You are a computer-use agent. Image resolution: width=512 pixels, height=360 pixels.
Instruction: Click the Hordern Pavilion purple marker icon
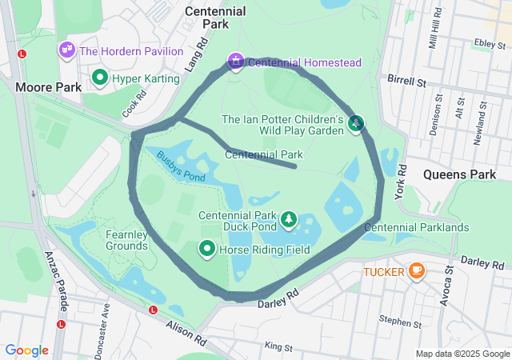point(66,50)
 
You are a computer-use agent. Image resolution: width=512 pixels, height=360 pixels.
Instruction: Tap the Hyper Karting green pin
point(101,78)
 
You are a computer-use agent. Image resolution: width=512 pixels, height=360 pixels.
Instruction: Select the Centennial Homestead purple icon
point(236,61)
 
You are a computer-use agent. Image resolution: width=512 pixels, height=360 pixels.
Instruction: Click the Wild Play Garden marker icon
point(356,123)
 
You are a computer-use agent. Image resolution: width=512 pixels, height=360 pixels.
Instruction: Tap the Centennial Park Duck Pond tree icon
point(288,219)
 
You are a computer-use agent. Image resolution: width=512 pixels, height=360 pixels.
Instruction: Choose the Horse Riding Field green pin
point(207,250)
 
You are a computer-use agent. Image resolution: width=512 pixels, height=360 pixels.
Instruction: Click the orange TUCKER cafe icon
point(416,271)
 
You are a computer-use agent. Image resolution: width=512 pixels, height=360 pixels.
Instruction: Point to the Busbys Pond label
point(181,166)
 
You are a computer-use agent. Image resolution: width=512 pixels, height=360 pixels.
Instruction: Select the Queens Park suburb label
point(460,174)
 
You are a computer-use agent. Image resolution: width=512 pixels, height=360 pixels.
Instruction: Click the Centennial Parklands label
point(416,228)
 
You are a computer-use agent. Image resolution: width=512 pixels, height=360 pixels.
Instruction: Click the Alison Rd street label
point(186,332)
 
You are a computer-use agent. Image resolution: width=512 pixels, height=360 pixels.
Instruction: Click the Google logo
point(26,350)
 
